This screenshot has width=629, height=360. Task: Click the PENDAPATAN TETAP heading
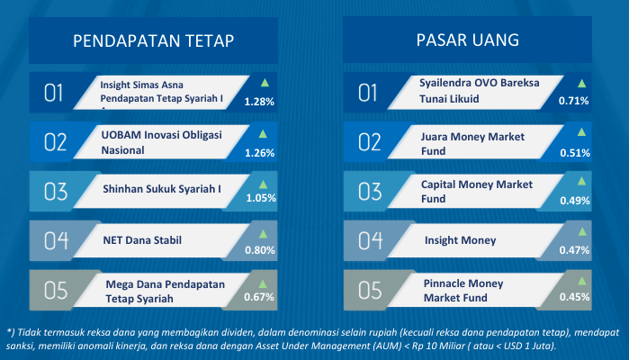click(x=153, y=40)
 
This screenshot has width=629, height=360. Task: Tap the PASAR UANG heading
click(x=468, y=40)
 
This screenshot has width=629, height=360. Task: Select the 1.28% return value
click(x=259, y=102)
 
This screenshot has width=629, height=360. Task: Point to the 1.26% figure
click(x=259, y=153)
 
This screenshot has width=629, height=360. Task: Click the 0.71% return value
click(x=573, y=101)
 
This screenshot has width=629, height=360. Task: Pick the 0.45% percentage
click(x=574, y=297)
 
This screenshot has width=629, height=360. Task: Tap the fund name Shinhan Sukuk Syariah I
click(x=162, y=189)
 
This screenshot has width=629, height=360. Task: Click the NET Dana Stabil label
click(x=142, y=240)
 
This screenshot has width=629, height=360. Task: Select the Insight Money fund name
click(x=460, y=240)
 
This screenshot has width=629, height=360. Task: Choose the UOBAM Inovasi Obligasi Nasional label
click(x=161, y=142)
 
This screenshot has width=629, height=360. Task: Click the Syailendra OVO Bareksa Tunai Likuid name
click(x=480, y=91)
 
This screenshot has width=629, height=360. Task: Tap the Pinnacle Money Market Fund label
click(x=463, y=291)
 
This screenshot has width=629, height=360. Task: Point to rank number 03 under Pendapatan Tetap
click(x=56, y=192)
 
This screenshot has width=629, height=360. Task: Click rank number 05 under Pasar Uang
click(x=370, y=291)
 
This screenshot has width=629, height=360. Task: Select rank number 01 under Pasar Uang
click(x=367, y=93)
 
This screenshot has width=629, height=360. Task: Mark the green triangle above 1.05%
click(x=263, y=184)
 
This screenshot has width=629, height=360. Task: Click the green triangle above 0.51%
click(x=581, y=132)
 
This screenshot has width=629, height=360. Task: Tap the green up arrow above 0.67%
click(x=263, y=284)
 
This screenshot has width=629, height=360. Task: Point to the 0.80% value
click(x=260, y=250)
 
